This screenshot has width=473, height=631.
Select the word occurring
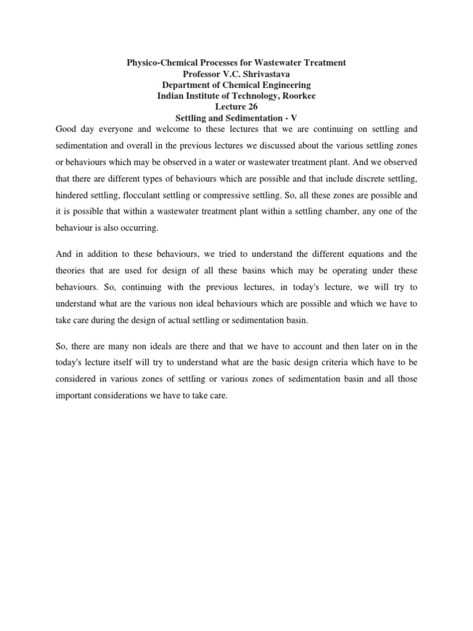[x=140, y=228]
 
